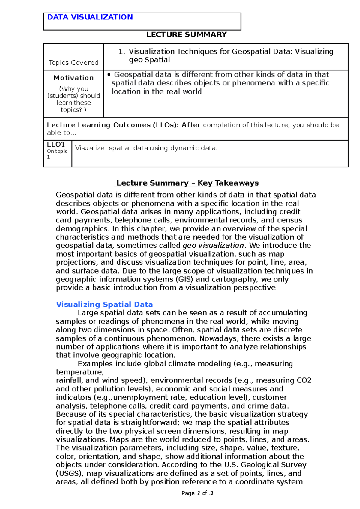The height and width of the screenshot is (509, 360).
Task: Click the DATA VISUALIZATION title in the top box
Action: click(x=90, y=17)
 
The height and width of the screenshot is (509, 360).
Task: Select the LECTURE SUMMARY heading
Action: click(x=186, y=35)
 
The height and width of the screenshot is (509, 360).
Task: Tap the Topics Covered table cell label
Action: click(x=73, y=63)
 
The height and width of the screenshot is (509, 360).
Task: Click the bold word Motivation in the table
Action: click(x=73, y=78)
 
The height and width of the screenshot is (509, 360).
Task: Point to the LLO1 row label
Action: click(x=56, y=144)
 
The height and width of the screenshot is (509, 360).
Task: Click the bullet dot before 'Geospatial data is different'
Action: click(x=109, y=75)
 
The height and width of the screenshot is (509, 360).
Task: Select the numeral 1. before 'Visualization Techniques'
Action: click(x=121, y=52)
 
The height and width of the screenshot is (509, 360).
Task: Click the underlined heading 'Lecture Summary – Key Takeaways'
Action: click(x=187, y=183)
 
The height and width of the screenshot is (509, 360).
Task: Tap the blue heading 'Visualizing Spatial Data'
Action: click(x=104, y=305)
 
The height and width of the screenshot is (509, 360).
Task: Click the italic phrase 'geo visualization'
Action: click(x=213, y=246)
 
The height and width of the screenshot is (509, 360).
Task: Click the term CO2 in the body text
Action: click(x=304, y=380)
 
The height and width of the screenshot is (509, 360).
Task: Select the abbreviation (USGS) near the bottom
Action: click(x=70, y=474)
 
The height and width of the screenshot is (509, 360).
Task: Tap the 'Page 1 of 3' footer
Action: click(x=197, y=493)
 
